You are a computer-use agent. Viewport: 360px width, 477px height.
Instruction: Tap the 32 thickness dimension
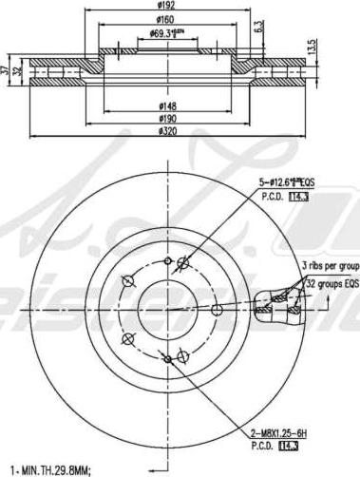point(19,75)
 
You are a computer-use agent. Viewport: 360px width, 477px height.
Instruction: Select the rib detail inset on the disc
point(278,303)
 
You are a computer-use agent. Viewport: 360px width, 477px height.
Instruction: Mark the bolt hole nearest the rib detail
point(217,308)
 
